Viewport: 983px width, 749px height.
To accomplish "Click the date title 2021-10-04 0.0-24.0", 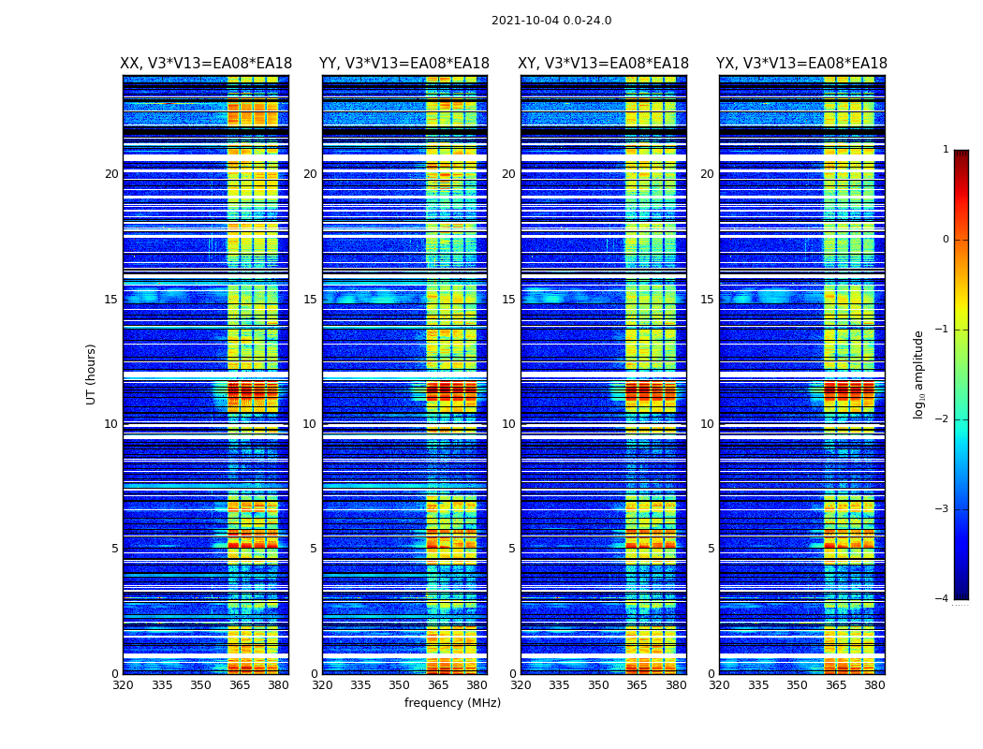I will click(551, 21).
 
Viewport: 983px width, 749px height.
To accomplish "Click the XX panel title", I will click(206, 64).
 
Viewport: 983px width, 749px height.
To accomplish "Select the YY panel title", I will click(404, 64).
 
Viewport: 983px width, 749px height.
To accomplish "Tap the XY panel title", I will click(603, 64).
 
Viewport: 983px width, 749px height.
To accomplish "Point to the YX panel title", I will click(801, 64).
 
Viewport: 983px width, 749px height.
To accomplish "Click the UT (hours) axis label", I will click(92, 374).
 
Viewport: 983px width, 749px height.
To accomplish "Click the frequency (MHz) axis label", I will click(452, 703).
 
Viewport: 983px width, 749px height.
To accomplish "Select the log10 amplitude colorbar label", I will click(919, 374).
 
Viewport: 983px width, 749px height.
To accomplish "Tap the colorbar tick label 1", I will click(946, 150).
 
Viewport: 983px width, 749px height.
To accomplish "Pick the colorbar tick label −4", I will click(944, 599).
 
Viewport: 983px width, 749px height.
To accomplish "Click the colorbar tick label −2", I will click(944, 419).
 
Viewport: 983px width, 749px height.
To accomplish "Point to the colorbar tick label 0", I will click(946, 240).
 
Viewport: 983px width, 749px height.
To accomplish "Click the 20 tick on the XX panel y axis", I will click(111, 174).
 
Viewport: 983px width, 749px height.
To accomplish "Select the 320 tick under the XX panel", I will click(123, 685).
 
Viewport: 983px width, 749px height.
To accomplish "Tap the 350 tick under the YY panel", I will click(400, 685).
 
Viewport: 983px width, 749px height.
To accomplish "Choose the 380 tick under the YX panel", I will click(874, 685).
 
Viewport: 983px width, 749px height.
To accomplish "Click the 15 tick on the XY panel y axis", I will click(508, 300).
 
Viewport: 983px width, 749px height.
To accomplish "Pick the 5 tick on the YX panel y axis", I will click(712, 549).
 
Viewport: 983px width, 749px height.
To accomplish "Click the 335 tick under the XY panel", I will click(560, 685).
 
